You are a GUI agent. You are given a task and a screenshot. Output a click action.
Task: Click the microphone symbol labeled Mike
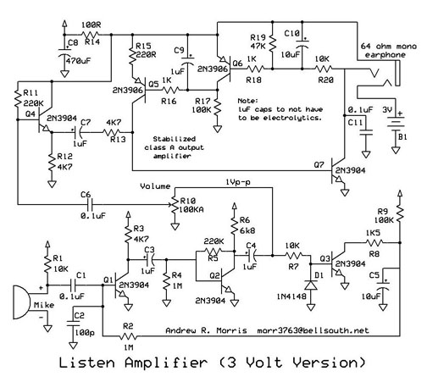point(21,302)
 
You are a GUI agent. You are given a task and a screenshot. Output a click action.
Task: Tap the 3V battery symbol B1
point(396,125)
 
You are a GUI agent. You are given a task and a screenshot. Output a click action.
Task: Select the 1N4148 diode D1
point(311,285)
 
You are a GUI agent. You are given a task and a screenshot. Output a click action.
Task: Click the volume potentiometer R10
point(175,205)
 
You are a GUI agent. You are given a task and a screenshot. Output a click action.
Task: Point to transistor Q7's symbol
point(338,172)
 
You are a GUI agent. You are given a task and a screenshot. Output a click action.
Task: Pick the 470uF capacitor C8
point(64,53)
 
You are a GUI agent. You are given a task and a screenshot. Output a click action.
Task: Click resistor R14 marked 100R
point(91,35)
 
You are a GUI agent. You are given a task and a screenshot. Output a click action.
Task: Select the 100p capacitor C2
point(73,323)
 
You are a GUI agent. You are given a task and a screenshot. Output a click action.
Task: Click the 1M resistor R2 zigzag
point(129,336)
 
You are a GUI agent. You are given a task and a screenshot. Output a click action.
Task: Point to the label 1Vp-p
point(238,182)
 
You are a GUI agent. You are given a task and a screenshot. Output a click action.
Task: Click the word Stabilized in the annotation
point(174,139)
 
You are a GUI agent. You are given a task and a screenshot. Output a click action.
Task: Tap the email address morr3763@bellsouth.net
point(313,330)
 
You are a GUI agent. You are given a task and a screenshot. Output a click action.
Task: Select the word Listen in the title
point(86,363)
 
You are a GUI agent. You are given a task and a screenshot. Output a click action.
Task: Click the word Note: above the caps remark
point(247,101)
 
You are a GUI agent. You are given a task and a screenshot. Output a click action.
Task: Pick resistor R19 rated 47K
point(273,43)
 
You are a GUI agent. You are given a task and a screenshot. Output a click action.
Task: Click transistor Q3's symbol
point(337,265)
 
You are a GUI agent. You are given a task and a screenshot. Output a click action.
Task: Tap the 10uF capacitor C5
point(383,285)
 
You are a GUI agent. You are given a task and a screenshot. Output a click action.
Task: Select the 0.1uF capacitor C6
point(91,204)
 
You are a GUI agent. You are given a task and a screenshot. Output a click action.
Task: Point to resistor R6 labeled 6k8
point(234,225)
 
